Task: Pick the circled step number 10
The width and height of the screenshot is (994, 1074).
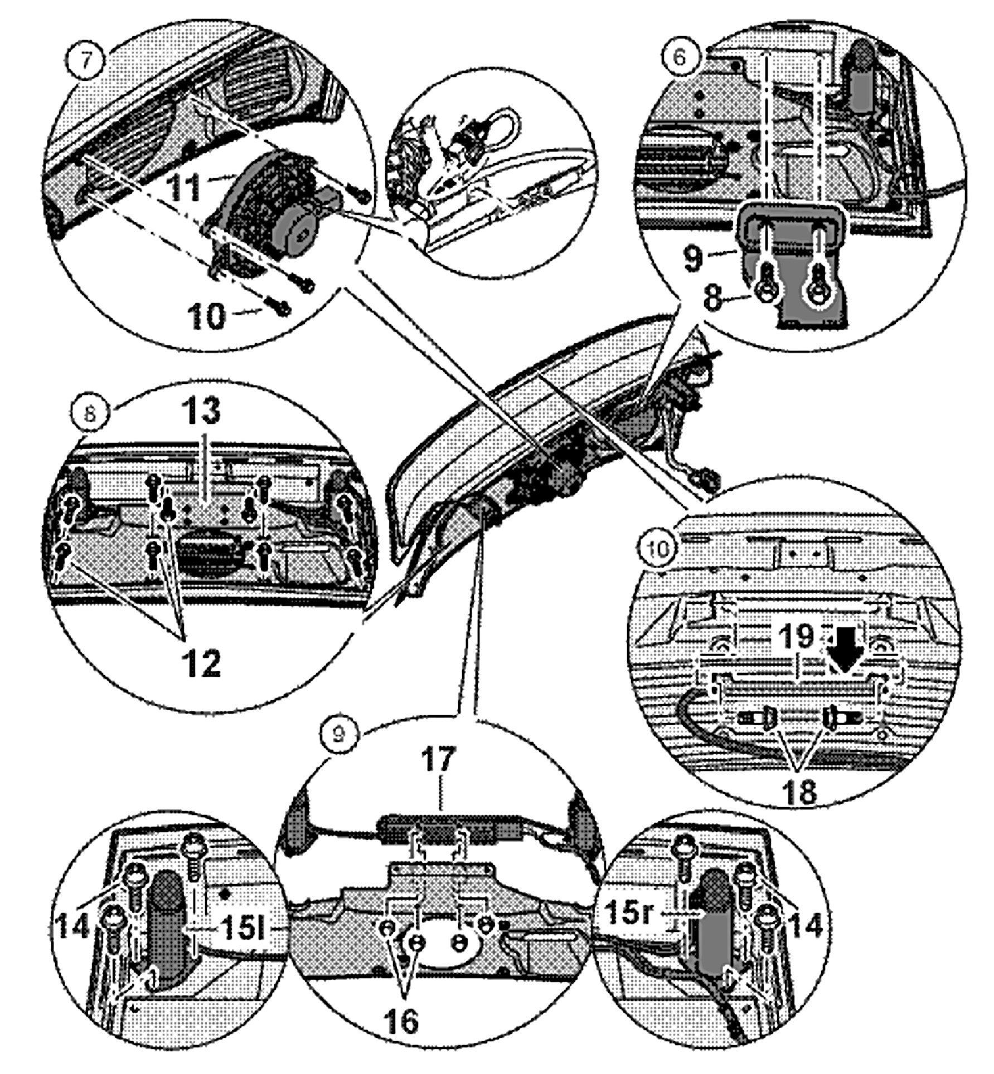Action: (x=658, y=549)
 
